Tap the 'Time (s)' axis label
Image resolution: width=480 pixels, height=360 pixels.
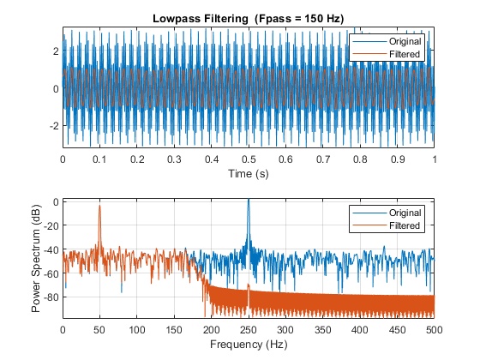point(249,173)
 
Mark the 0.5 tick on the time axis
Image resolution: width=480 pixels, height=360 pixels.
point(249,159)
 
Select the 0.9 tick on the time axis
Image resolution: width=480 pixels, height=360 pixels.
point(398,159)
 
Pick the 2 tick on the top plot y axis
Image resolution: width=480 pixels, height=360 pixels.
point(56,51)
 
